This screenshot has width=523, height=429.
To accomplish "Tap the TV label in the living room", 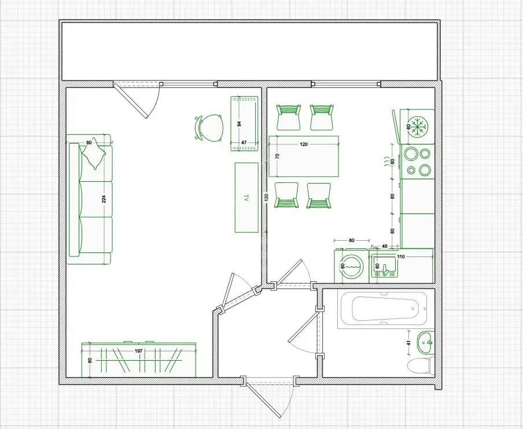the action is tap(247, 198).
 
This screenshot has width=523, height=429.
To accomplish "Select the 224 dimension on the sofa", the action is tap(104, 199).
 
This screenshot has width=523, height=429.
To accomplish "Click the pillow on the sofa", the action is tap(94, 153).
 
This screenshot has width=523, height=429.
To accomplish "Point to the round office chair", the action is tap(209, 127).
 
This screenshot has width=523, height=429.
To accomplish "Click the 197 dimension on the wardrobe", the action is tap(139, 351).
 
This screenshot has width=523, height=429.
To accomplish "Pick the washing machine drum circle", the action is tap(352, 266).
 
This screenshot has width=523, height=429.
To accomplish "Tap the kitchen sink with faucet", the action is tap(385, 266).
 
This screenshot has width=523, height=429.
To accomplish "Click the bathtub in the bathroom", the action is tap(382, 309).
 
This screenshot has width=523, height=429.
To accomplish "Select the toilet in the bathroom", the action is tap(420, 366).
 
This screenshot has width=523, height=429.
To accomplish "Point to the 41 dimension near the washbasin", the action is tap(409, 343).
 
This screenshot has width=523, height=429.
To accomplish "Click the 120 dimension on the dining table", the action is tap(304, 145).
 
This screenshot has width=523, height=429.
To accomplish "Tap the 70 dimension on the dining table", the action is tap(277, 156).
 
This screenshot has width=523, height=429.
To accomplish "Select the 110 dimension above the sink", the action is tap(401, 256).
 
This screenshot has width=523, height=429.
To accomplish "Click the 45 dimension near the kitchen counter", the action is tap(385, 247).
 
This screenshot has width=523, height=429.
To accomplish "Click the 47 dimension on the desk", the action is tap(244, 142).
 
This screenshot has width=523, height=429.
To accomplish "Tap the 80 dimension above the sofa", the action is tap(89, 142).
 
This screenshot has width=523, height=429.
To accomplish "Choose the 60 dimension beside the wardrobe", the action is tap(90, 361).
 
